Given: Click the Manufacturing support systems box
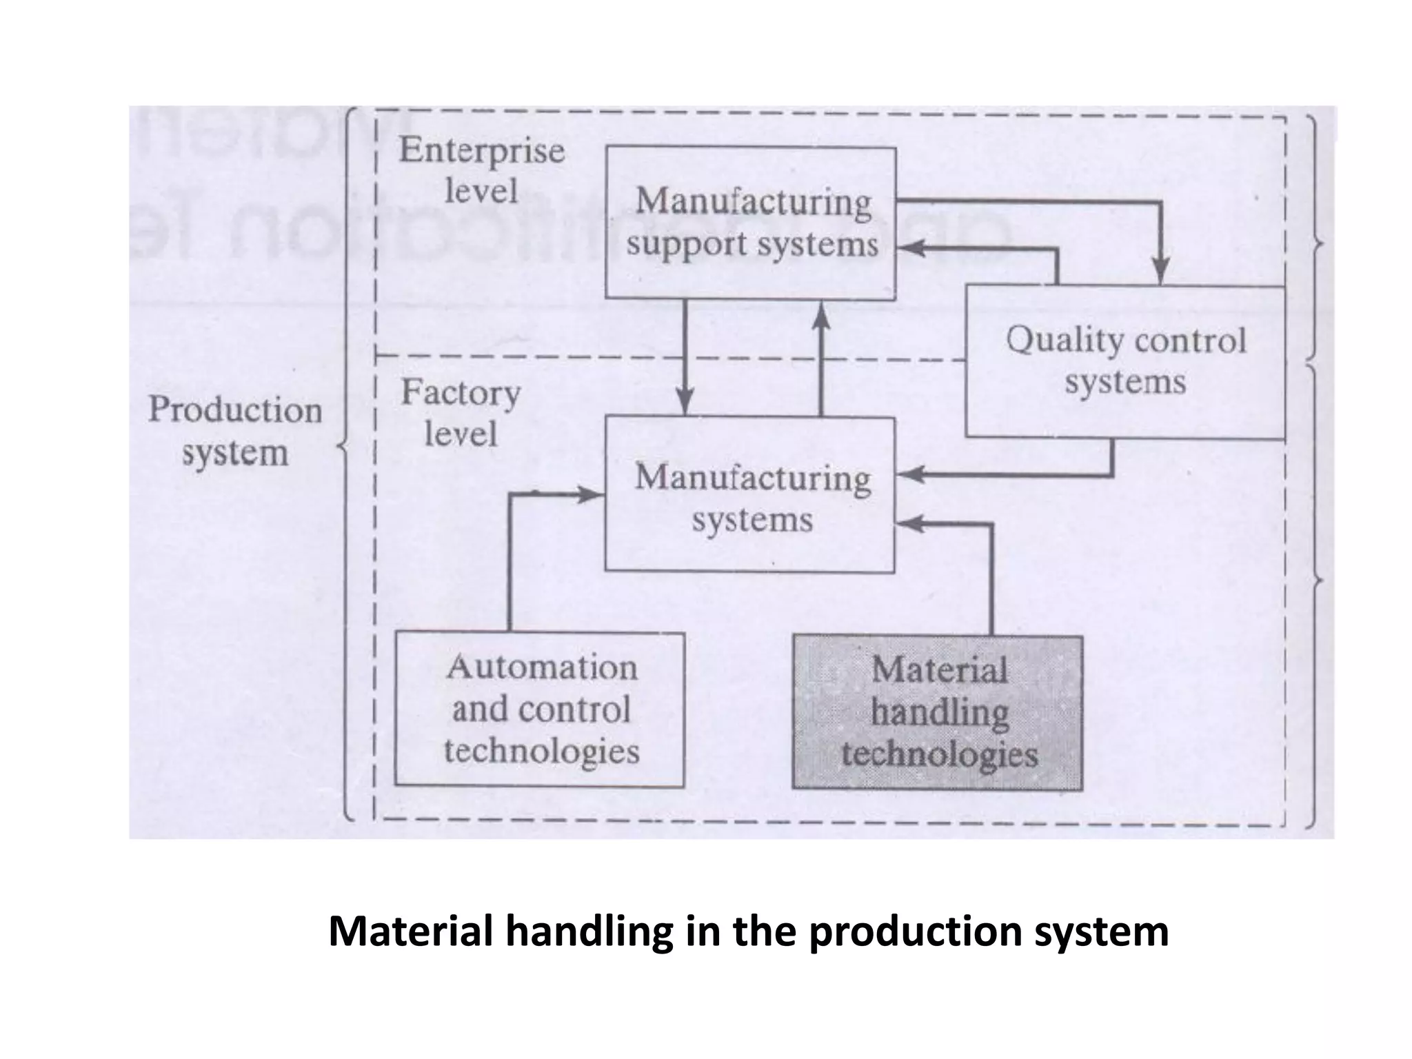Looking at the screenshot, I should click(x=751, y=223).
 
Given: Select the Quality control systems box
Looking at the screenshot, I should click(x=1125, y=361).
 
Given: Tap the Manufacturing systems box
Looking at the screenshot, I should click(x=750, y=494).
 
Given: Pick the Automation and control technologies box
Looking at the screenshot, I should click(x=540, y=709).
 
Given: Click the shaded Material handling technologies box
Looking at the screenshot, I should click(x=938, y=712).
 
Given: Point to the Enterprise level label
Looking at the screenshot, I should click(x=481, y=170).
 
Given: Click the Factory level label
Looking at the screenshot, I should click(x=461, y=413).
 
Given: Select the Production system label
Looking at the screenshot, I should click(x=235, y=431).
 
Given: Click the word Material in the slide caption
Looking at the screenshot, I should click(x=411, y=931).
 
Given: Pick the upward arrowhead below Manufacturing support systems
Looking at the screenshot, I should click(x=820, y=316).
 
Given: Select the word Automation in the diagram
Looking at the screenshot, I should click(x=542, y=667).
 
